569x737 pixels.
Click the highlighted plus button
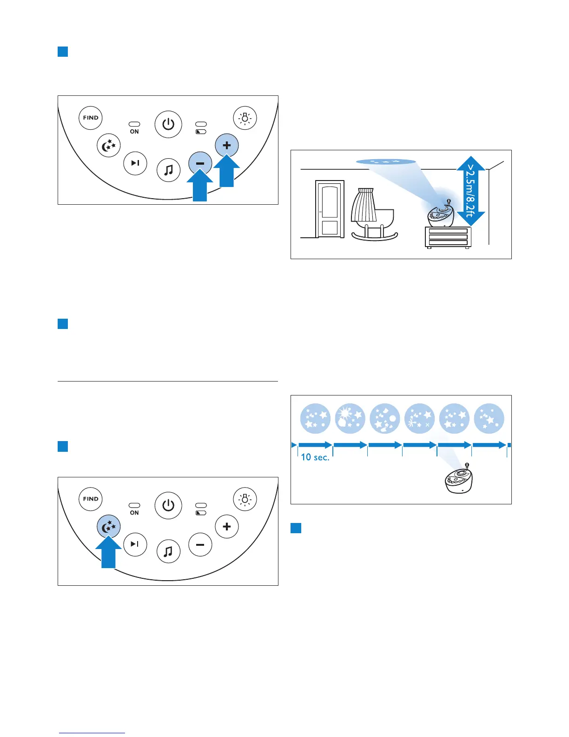click(x=227, y=145)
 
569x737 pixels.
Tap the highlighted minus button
click(x=200, y=163)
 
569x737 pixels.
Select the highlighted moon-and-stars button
click(x=109, y=527)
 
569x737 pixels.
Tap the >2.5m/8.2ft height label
click(x=471, y=191)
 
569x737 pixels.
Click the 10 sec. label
click(x=315, y=457)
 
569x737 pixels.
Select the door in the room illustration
click(x=330, y=209)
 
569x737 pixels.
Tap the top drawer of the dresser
click(x=448, y=231)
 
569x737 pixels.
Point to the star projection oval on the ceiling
click(x=386, y=162)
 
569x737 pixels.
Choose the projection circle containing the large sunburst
click(x=350, y=418)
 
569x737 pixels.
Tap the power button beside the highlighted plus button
click(x=168, y=124)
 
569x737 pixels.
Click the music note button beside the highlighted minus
click(x=168, y=170)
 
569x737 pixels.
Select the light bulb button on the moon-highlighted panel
click(x=245, y=499)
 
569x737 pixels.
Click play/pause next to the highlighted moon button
click(x=135, y=544)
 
